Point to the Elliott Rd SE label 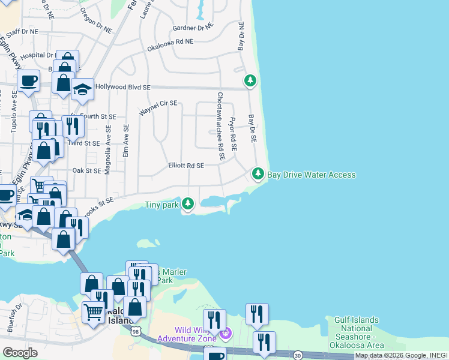(x=186, y=166)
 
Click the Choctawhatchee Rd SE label (x=221, y=126)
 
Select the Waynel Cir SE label (x=158, y=108)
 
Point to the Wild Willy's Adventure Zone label (x=195, y=334)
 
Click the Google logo (x=20, y=353)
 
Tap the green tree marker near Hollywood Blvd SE (x=250, y=80)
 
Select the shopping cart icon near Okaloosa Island (x=93, y=312)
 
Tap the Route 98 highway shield (x=137, y=331)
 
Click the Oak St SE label (x=86, y=171)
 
